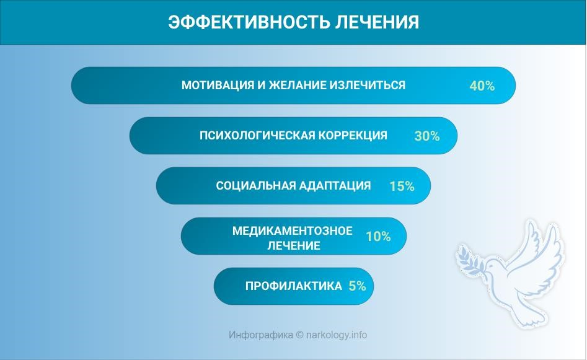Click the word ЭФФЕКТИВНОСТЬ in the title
pyautogui.click(x=249, y=22)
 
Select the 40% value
pyautogui.click(x=482, y=86)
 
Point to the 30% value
pyautogui.click(x=427, y=136)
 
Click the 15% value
pyautogui.click(x=402, y=186)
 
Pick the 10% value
pyautogui.click(x=379, y=236)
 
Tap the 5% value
pyautogui.click(x=357, y=286)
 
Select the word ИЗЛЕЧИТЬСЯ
pyautogui.click(x=367, y=86)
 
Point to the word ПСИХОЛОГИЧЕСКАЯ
pyautogui.click(x=258, y=136)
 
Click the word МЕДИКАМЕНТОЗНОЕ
pyautogui.click(x=293, y=230)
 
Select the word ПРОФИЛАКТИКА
pyautogui.click(x=294, y=286)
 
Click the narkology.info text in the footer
pyautogui.click(x=337, y=335)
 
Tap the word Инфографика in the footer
pyautogui.click(x=261, y=335)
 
